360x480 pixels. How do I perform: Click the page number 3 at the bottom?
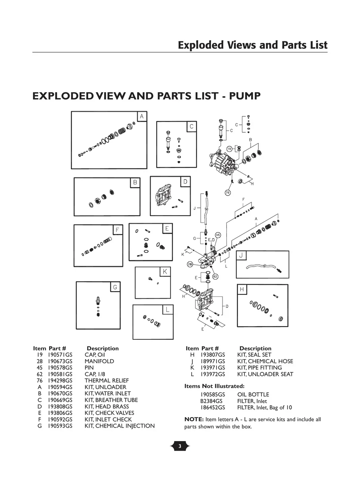[180, 447]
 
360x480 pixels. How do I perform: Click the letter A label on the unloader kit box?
[141, 116]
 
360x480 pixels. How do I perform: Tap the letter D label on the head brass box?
[185, 182]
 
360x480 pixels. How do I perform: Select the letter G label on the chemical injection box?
[115, 287]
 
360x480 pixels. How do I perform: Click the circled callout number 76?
[228, 193]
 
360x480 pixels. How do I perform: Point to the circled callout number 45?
[218, 235]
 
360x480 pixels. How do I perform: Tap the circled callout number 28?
[190, 264]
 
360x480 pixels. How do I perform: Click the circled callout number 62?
[215, 276]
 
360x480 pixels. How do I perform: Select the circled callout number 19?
[229, 149]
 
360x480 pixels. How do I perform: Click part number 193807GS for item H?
[213, 355]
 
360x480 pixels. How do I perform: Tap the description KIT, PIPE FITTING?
[259, 368]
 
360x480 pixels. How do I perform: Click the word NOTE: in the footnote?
[194, 420]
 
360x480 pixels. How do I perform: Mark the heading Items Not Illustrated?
[214, 386]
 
